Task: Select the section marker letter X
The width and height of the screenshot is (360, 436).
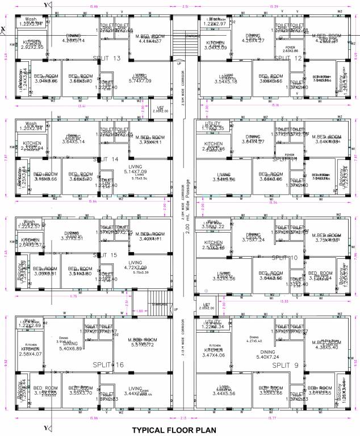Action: (4, 29)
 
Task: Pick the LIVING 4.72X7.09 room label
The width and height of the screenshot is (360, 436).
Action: (135, 265)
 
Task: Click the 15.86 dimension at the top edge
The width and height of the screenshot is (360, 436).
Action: (93, 6)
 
